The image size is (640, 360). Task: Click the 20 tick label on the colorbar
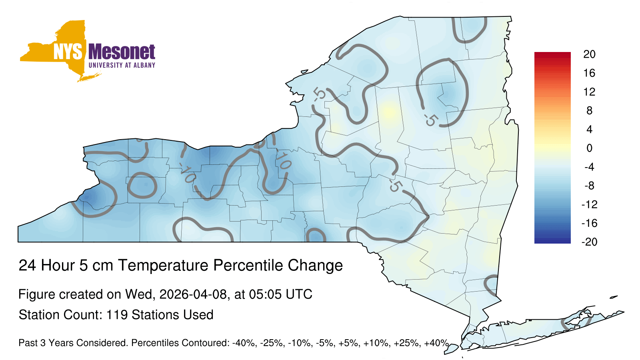click(x=589, y=54)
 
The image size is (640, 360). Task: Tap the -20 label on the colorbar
click(x=589, y=242)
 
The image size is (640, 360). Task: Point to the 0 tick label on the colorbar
click(x=589, y=148)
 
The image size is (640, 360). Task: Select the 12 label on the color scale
click(x=589, y=92)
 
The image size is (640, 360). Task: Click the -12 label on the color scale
click(x=589, y=204)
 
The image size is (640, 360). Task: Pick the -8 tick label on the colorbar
click(x=589, y=186)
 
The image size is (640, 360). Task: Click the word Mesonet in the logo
click(x=122, y=52)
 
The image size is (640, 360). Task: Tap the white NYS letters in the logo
click(x=68, y=52)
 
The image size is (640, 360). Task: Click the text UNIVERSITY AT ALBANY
click(x=122, y=65)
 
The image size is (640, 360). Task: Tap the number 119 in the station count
click(x=117, y=315)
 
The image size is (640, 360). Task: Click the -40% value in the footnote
click(x=244, y=343)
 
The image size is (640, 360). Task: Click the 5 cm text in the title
click(x=96, y=265)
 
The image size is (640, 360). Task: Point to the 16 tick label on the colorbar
click(x=589, y=73)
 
